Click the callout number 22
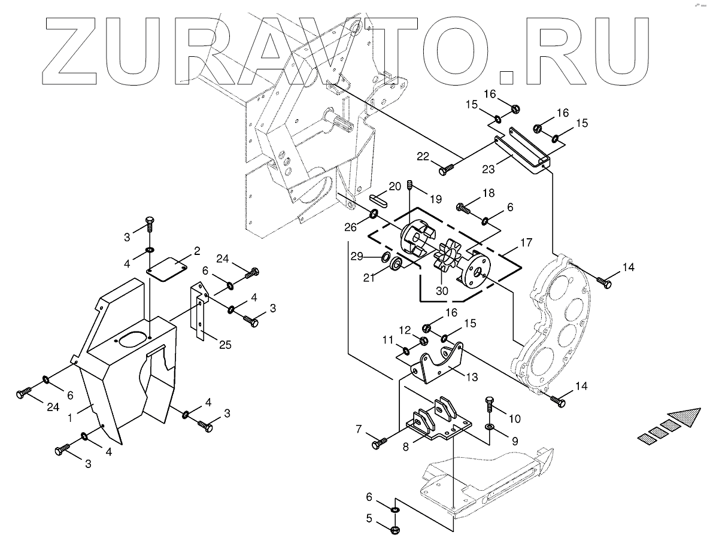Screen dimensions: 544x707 [423, 156]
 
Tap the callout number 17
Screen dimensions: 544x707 [526, 243]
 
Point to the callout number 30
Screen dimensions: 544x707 [442, 291]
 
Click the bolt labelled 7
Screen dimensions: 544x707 [380, 443]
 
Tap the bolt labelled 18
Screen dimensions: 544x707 [462, 208]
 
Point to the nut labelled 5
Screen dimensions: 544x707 [396, 529]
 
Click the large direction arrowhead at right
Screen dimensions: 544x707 [684, 416]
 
